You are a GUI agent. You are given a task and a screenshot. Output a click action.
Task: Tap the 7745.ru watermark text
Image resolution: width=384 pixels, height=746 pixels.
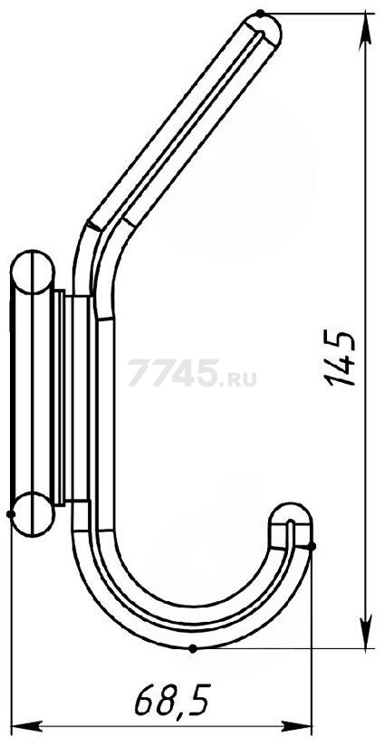click(192, 373)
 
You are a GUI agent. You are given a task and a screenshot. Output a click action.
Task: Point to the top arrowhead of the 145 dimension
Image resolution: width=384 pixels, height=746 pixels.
click(365, 31)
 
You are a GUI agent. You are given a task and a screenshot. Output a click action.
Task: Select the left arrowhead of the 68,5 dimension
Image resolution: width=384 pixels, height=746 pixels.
click(27, 726)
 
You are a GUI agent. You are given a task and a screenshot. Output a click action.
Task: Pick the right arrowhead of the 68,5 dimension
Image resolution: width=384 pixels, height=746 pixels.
click(295, 726)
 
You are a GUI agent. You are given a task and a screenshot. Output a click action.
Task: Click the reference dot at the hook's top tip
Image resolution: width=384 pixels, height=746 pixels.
click(260, 14)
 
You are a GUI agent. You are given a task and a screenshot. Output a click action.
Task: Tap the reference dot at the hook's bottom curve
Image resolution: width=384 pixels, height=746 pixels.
click(192, 648)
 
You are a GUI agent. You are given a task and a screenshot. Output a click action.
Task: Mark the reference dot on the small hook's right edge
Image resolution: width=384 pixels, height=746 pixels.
click(312, 546)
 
